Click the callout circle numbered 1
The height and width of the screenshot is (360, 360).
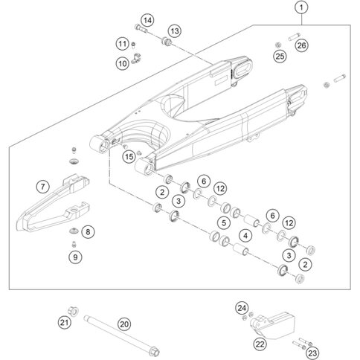(x=301, y=7)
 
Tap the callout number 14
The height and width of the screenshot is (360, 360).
(x=147, y=20)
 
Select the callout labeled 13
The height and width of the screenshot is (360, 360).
(x=175, y=31)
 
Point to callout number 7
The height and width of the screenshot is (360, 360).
(x=43, y=186)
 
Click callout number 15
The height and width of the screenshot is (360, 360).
(x=129, y=157)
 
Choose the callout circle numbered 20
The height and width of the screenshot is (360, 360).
(x=124, y=324)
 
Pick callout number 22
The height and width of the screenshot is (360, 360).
(x=260, y=344)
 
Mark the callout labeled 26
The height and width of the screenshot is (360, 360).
(x=302, y=45)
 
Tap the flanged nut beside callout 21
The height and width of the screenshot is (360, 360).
(x=73, y=311)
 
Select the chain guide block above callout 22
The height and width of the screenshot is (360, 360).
(x=272, y=323)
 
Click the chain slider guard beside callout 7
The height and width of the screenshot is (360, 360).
(x=54, y=203)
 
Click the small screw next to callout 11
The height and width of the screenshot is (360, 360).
(x=133, y=45)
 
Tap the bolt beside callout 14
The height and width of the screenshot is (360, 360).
(x=141, y=28)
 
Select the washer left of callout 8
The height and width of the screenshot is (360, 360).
(x=74, y=231)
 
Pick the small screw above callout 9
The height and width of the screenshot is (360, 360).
(x=74, y=244)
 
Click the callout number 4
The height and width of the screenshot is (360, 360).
(x=245, y=236)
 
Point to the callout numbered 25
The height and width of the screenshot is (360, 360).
(x=280, y=57)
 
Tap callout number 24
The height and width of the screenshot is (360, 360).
(x=242, y=308)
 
